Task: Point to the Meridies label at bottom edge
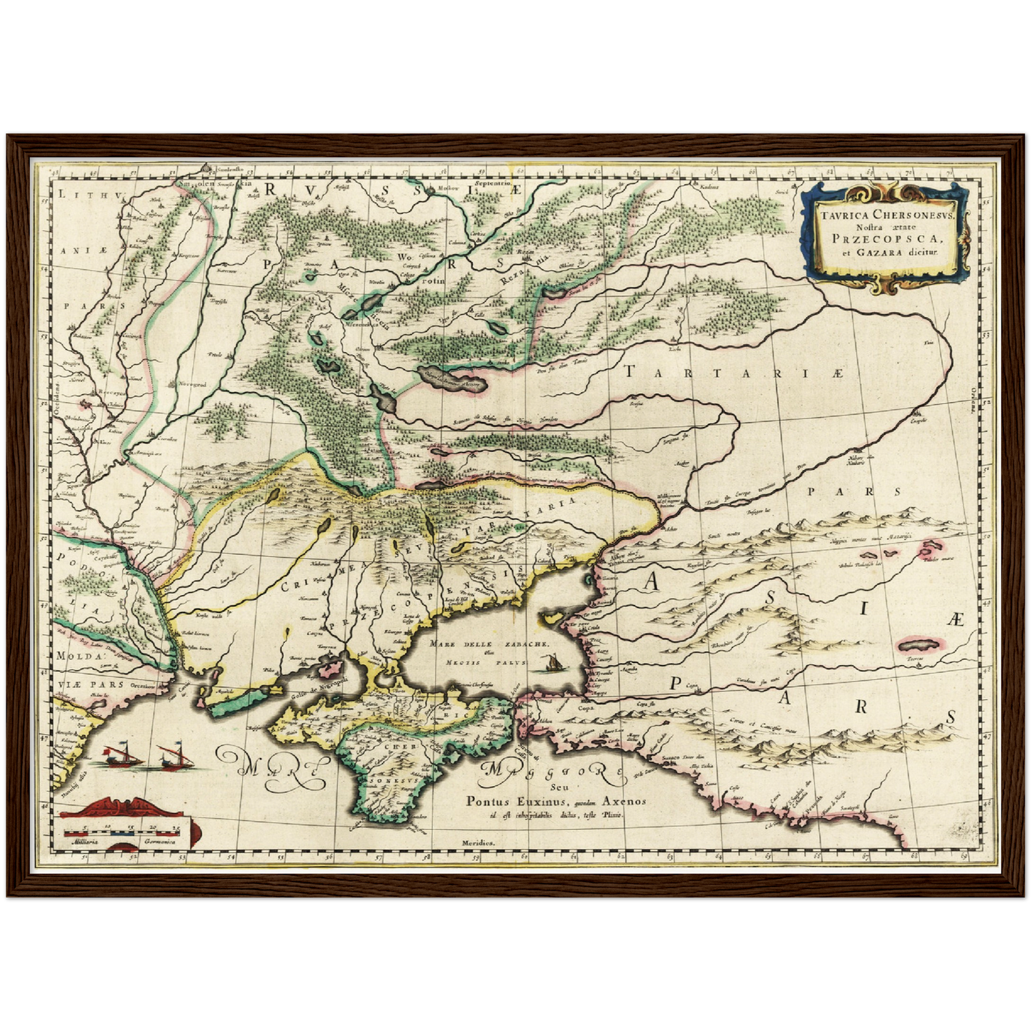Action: [x=478, y=843]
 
